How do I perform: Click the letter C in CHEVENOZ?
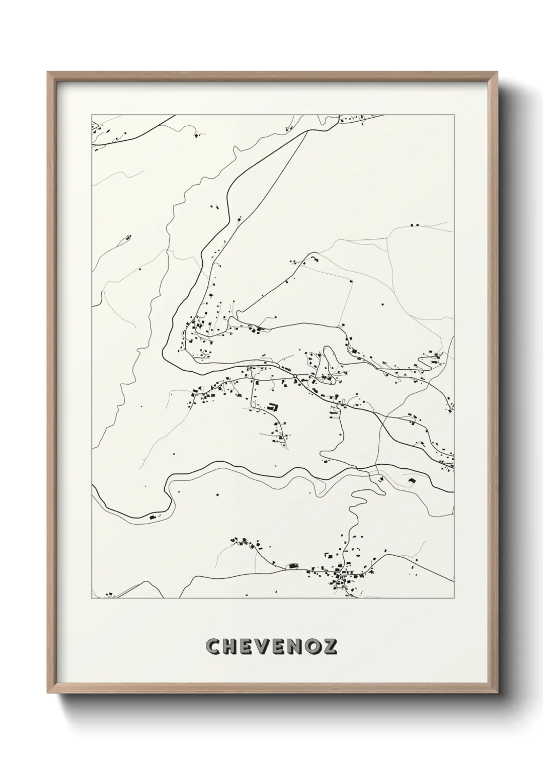[x=212, y=647]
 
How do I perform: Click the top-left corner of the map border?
[x=92, y=115]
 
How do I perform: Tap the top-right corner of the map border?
[x=454, y=115]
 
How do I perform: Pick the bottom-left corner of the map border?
[x=92, y=598]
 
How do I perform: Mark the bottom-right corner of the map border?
[x=454, y=598]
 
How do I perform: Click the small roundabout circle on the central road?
[x=296, y=379]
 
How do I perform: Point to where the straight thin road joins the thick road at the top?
[x=306, y=132]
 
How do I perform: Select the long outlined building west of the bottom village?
[x=293, y=565]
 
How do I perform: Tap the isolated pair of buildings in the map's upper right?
[x=415, y=224]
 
